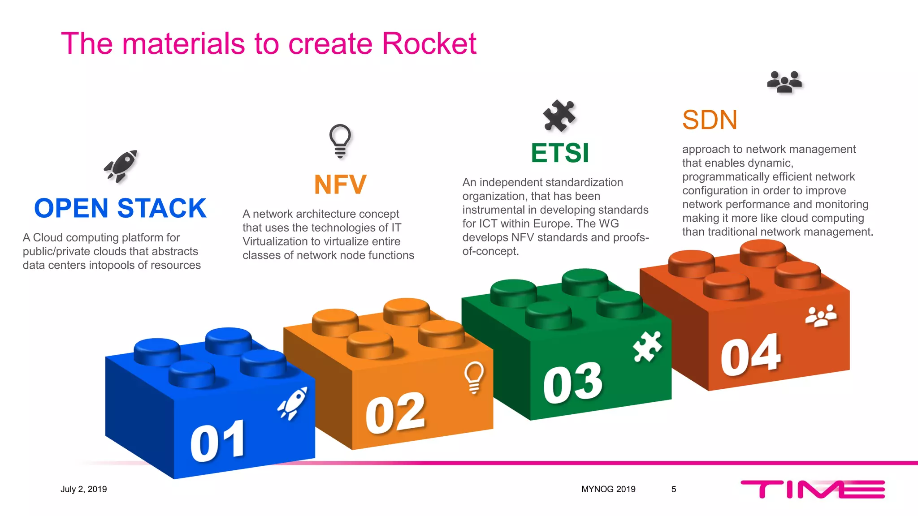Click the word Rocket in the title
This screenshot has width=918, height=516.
[429, 44]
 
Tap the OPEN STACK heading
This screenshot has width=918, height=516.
[120, 208]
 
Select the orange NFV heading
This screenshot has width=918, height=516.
[340, 185]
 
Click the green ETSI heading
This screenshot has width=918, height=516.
[559, 153]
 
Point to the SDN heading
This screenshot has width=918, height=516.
[710, 120]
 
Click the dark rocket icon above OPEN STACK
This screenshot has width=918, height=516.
[121, 166]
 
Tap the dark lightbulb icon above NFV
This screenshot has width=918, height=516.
[340, 141]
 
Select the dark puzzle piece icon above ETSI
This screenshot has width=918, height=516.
[559, 115]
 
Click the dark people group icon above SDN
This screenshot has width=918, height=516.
[784, 82]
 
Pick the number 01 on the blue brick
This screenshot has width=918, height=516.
[218, 442]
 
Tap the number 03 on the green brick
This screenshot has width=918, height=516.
[572, 383]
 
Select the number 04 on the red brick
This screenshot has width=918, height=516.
[751, 355]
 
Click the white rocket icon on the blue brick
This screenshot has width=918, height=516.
[293, 403]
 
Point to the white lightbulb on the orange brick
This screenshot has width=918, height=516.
[474, 377]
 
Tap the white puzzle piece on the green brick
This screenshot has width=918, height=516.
[647, 346]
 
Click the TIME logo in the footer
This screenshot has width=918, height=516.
[813, 489]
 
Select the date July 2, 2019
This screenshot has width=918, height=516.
[84, 489]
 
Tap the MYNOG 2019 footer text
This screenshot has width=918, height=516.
[608, 489]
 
